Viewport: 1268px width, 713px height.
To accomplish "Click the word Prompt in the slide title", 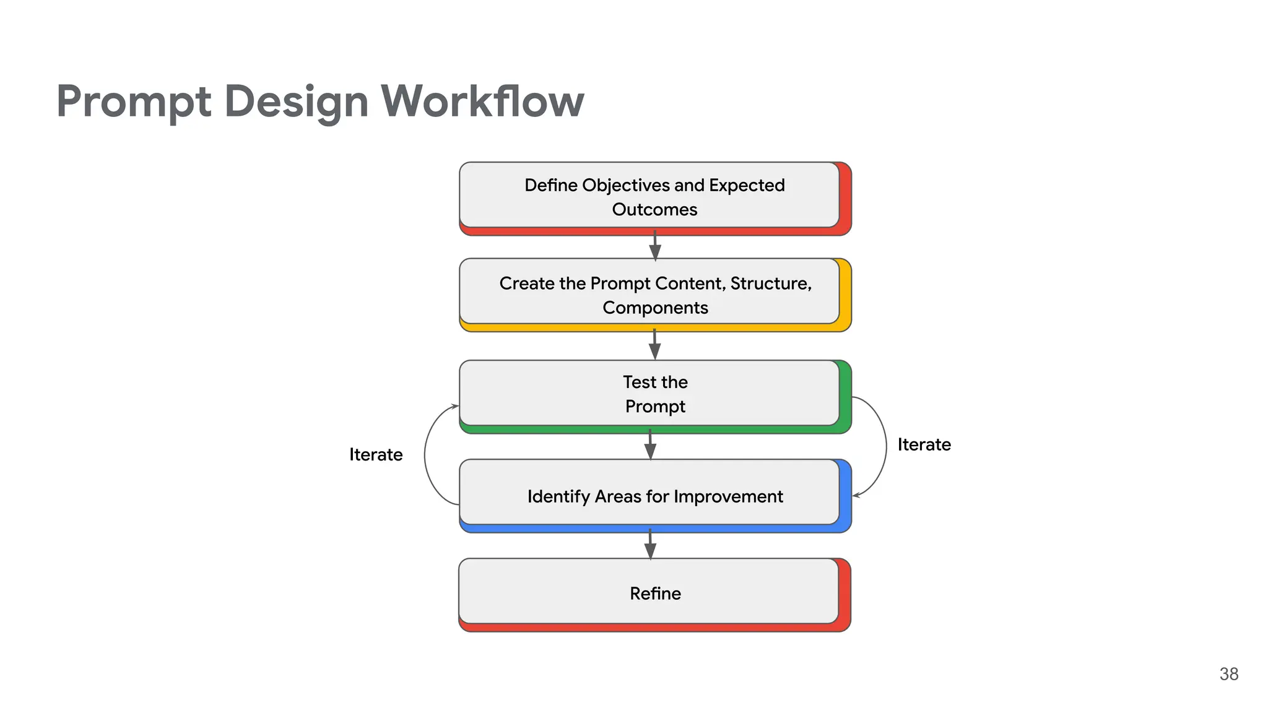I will coord(133,102).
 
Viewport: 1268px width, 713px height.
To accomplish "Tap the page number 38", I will coord(1228,674).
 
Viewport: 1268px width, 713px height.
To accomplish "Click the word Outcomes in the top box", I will coord(654,210).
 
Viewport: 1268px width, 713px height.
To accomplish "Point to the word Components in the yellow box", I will coord(655,308).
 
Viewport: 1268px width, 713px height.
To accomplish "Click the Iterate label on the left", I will coord(376,455).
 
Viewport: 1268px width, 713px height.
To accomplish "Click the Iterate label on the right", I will coord(924,445).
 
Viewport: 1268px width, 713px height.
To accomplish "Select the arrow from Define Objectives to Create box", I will coord(655,246).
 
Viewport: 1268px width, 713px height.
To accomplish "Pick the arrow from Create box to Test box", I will coord(654,344).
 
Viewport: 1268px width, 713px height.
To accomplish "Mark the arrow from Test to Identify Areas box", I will coord(650,444).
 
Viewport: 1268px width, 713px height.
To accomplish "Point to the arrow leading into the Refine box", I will coord(650,543).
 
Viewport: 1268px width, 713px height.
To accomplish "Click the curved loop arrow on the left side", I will coord(426,455).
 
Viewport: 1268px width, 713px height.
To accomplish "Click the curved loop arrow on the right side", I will coord(885,446).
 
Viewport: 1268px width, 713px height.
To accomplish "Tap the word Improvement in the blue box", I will coord(728,497).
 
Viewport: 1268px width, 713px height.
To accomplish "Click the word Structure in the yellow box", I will coord(770,283).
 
